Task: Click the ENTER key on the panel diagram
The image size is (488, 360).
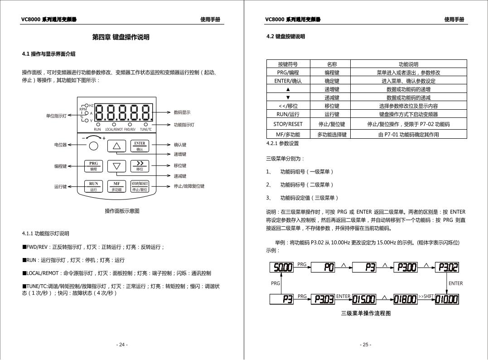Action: (x=140, y=146)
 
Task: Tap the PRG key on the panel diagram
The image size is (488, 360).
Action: (x=93, y=166)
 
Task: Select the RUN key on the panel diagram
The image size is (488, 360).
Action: (x=93, y=186)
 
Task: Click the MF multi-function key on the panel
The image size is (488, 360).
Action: (x=116, y=186)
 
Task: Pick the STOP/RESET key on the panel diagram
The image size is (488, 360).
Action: (x=140, y=186)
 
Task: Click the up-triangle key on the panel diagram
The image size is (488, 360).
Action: (x=116, y=146)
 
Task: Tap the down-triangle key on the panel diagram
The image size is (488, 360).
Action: (x=116, y=166)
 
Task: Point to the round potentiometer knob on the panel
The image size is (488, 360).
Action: (x=93, y=146)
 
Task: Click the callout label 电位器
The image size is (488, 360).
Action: (x=60, y=145)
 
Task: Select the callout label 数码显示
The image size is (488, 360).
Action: (x=182, y=112)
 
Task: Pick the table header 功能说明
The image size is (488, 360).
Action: (x=408, y=64)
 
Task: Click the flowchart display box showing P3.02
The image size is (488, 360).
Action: (x=446, y=268)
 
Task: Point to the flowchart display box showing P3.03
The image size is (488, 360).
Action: (x=323, y=299)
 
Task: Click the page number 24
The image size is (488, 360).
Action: (x=122, y=345)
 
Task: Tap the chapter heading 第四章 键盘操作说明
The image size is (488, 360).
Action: (x=121, y=37)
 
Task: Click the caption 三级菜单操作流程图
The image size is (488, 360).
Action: (x=366, y=313)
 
